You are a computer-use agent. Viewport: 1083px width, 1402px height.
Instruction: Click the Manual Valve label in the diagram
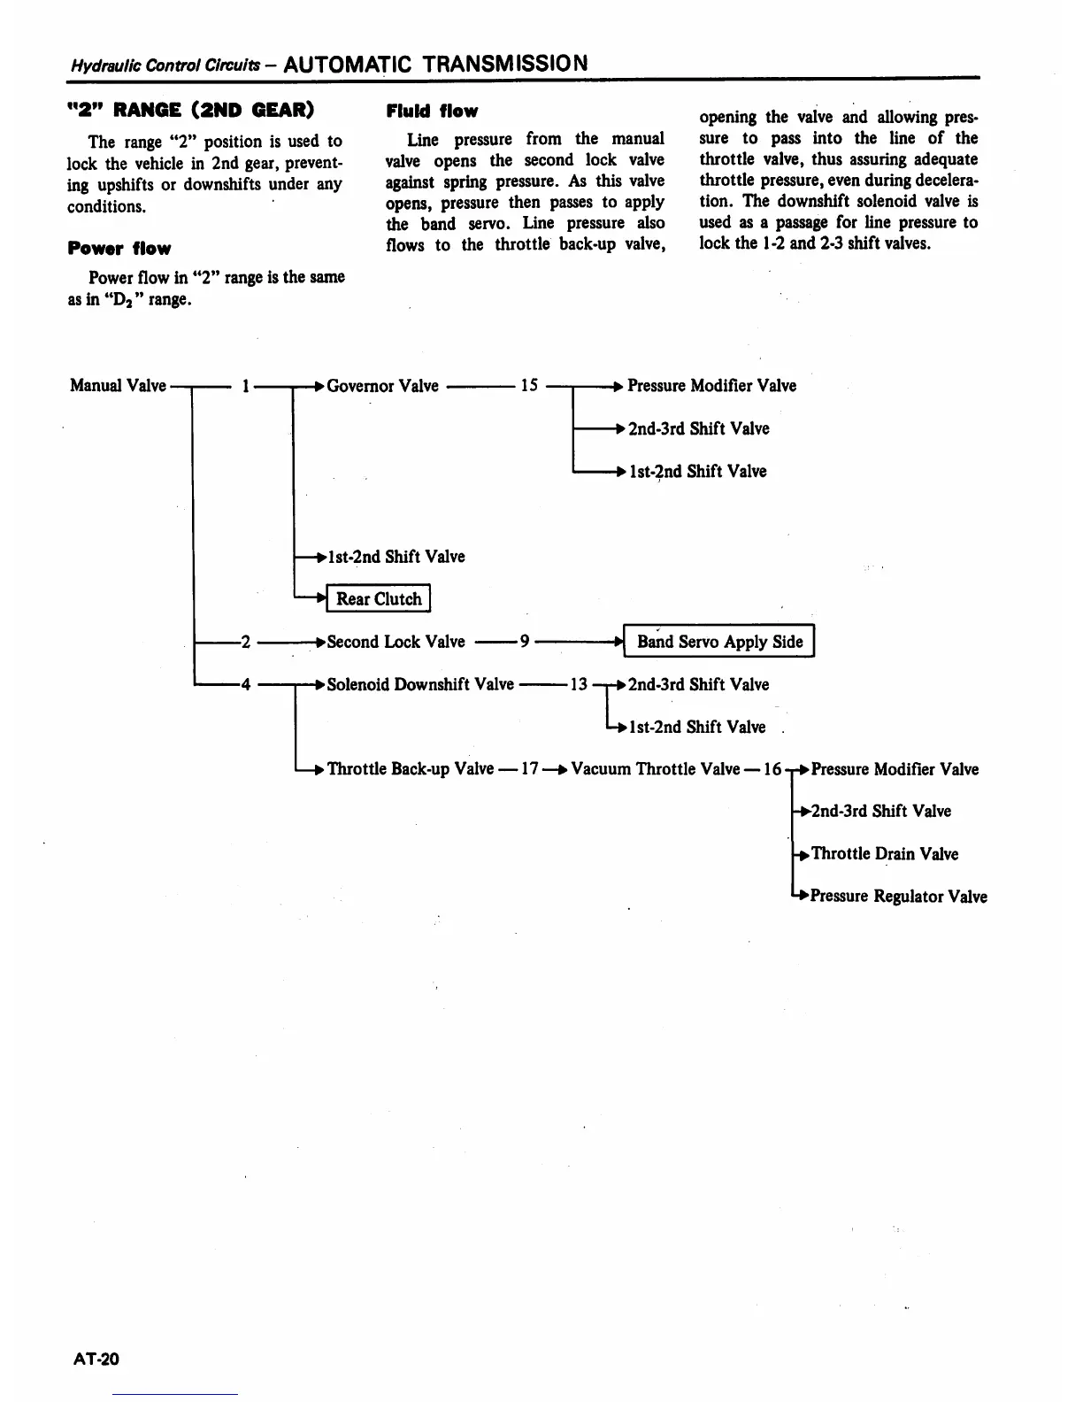coord(118,386)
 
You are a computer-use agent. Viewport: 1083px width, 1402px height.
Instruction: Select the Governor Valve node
coord(382,386)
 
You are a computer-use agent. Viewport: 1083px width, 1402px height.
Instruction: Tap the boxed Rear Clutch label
coord(379,599)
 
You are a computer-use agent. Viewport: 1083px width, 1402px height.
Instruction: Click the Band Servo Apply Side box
coord(719,642)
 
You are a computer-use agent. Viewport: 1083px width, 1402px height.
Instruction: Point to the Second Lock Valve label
coord(396,642)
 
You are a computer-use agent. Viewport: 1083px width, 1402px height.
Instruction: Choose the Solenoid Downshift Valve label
coord(420,684)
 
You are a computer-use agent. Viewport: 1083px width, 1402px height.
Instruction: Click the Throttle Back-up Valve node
coord(411,769)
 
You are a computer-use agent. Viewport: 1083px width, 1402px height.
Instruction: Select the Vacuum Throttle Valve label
coord(656,769)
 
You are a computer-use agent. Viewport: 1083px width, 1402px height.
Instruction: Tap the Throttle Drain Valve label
coord(885,854)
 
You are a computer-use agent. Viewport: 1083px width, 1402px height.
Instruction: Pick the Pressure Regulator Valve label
coord(899,897)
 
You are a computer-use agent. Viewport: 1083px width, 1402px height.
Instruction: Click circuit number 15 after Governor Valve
coord(529,386)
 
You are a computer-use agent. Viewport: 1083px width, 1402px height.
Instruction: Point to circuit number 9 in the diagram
coord(525,642)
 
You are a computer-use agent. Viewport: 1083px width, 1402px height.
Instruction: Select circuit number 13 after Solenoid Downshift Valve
coord(579,684)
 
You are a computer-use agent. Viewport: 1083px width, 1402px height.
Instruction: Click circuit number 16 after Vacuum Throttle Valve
coord(772,769)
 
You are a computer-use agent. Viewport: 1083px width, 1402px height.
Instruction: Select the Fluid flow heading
coord(432,112)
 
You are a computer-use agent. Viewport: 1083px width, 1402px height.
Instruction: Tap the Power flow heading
coord(119,249)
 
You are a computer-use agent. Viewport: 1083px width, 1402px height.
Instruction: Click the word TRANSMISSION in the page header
coord(504,64)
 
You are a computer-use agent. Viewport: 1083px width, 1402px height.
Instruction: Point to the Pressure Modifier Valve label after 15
coord(711,386)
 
